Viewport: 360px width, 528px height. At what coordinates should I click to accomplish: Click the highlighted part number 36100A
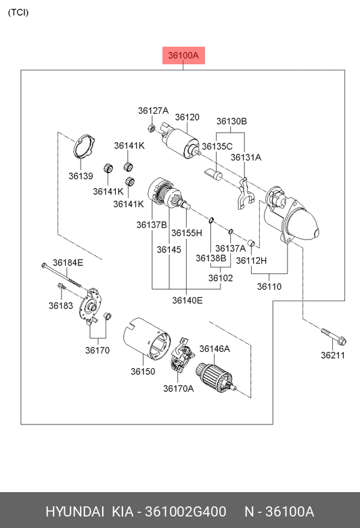click(183, 56)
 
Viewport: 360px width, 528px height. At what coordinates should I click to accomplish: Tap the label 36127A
click(153, 111)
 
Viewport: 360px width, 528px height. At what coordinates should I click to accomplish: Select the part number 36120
click(187, 117)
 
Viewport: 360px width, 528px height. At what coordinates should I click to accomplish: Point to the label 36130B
click(231, 121)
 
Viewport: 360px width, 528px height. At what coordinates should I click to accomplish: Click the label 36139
click(80, 176)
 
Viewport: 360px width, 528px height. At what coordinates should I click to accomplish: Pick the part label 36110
click(269, 286)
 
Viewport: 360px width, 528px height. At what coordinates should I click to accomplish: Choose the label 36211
click(332, 355)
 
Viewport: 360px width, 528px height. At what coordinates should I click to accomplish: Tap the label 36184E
click(68, 263)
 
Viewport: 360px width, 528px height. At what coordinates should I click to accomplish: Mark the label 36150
click(143, 372)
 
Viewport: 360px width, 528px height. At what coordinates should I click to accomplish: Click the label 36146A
click(215, 349)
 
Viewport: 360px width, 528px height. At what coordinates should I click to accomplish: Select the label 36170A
click(178, 389)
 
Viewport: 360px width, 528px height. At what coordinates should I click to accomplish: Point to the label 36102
click(220, 278)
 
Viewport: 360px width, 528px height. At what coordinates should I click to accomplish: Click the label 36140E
click(187, 300)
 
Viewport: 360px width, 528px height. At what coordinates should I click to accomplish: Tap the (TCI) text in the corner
click(18, 12)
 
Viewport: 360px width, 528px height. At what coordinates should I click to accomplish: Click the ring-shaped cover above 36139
click(83, 148)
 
